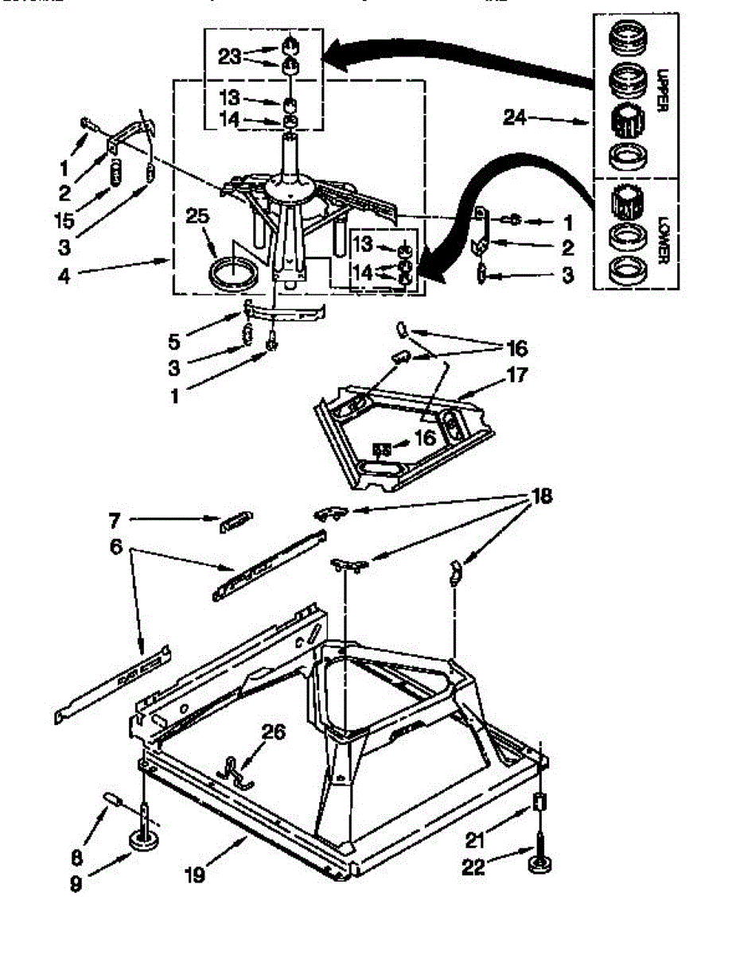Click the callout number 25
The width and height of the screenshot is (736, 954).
(197, 215)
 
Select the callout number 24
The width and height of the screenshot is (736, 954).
(515, 118)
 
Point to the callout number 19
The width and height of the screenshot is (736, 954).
(196, 874)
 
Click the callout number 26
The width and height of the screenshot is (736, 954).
(274, 731)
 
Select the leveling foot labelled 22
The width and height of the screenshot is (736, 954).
(541, 863)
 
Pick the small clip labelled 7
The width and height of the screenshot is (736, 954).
(236, 522)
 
